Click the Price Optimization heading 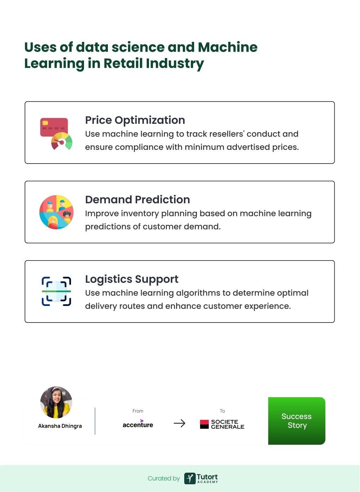click(x=135, y=120)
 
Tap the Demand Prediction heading click(x=137, y=200)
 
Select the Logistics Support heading click(x=132, y=279)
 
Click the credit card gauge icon click(x=56, y=134)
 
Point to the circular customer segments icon click(x=56, y=212)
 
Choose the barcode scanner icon click(x=56, y=292)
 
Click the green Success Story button click(x=297, y=421)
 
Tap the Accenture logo click(x=138, y=424)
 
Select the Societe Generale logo click(x=222, y=424)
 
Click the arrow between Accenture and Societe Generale click(x=179, y=423)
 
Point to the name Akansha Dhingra click(x=60, y=426)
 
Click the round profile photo click(x=56, y=402)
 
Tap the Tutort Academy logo click(x=201, y=478)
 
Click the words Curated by click(x=163, y=478)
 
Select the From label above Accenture click(x=138, y=411)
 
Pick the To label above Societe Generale click(x=222, y=411)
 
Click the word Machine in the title click(x=227, y=47)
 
